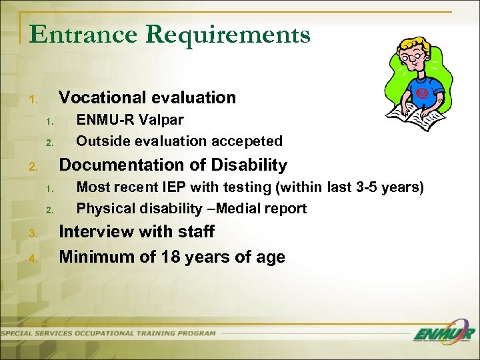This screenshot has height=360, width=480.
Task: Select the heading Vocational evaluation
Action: point(147,97)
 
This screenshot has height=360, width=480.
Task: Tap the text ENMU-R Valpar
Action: point(130,120)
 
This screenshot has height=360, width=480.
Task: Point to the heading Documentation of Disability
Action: point(173,165)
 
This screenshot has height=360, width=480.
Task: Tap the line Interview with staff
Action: point(137,232)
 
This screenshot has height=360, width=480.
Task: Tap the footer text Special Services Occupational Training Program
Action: point(110,333)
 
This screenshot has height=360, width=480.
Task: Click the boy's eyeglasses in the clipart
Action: point(414,58)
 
